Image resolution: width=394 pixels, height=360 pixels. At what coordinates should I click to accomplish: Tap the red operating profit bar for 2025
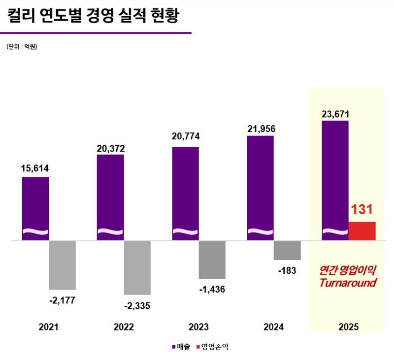coord(362,231)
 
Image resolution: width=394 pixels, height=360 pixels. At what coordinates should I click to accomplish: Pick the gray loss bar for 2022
coord(137,267)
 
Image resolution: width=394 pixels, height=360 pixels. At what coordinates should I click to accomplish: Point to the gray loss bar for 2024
coord(287,250)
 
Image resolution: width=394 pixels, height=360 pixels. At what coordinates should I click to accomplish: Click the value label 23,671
coord(335,114)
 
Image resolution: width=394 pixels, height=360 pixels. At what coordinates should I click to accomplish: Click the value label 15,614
coord(35,169)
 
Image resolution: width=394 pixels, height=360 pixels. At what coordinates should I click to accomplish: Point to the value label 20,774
coord(185,136)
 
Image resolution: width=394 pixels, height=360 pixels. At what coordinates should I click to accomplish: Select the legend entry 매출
coord(183,347)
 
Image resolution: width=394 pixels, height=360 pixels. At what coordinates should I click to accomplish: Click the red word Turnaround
coord(348,283)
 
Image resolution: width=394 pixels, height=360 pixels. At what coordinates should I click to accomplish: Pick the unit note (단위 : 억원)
coord(22,47)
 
